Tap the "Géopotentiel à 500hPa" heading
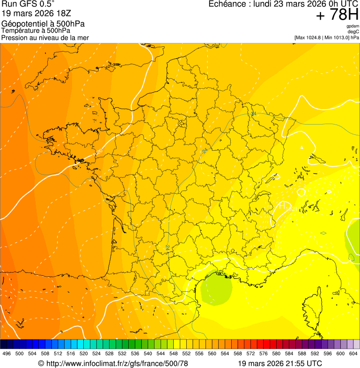pyautogui.click(x=43, y=24)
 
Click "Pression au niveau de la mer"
pyautogui.click(x=45, y=37)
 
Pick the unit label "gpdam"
pyautogui.click(x=353, y=26)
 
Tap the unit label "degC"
pyautogui.click(x=353, y=32)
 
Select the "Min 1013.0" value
pyautogui.click(x=337, y=37)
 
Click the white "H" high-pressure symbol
pyautogui.click(x=282, y=205)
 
